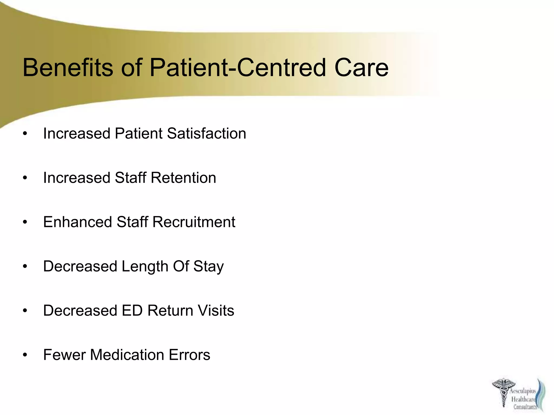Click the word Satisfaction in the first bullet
[x=207, y=133]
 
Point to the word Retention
[x=183, y=178]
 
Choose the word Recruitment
[x=194, y=222]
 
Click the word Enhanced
[x=77, y=222]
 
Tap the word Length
[x=145, y=267]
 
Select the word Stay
[x=209, y=267]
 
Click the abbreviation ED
[x=132, y=310]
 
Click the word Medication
[x=127, y=355]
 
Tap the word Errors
[x=189, y=355]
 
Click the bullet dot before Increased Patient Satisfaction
[x=25, y=134]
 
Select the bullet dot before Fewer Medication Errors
[x=25, y=355]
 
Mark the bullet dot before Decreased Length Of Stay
[x=25, y=267]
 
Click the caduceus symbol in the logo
[x=503, y=392]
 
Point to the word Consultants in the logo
[x=525, y=407]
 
